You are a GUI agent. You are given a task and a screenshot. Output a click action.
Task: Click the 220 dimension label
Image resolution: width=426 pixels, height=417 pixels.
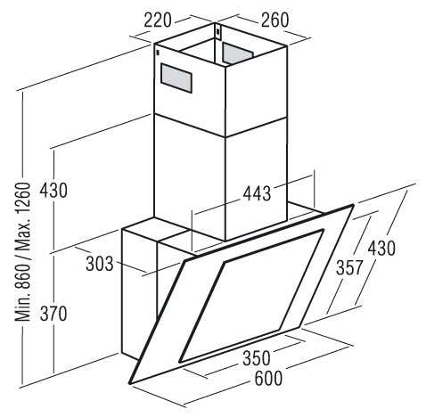click(158, 20)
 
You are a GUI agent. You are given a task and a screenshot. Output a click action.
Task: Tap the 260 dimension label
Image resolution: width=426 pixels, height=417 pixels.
click(274, 20)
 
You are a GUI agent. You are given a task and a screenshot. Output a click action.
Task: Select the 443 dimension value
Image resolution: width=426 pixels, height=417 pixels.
click(257, 193)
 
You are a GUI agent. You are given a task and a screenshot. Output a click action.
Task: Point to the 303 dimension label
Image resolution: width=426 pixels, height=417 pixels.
click(100, 264)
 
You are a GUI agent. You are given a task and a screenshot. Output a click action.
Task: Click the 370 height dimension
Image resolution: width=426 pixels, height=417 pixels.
click(53, 314)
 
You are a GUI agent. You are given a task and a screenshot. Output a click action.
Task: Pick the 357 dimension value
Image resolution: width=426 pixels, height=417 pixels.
click(349, 267)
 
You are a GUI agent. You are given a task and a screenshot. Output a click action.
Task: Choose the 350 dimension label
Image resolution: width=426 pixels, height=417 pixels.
click(257, 358)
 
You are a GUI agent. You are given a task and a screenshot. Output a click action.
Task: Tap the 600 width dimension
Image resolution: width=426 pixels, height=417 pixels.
click(268, 379)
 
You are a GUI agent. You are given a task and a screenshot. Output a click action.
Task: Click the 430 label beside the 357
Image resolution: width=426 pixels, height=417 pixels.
click(381, 249)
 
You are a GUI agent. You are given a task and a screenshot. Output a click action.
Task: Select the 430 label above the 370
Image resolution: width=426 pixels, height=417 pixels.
click(53, 191)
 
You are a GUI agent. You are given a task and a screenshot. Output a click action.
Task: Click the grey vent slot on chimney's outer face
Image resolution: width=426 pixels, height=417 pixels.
click(176, 78)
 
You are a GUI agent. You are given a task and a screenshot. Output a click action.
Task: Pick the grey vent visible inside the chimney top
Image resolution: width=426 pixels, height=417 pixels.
click(238, 53)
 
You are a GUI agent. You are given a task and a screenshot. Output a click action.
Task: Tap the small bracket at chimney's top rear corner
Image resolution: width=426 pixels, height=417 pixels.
click(218, 32)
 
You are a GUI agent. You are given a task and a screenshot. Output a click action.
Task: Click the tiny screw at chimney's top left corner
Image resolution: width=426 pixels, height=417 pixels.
click(157, 53)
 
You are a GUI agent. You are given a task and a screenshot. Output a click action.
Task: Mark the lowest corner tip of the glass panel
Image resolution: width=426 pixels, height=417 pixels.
click(130, 383)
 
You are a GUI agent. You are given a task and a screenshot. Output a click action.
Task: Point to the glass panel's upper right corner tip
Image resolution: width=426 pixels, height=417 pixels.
click(354, 205)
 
